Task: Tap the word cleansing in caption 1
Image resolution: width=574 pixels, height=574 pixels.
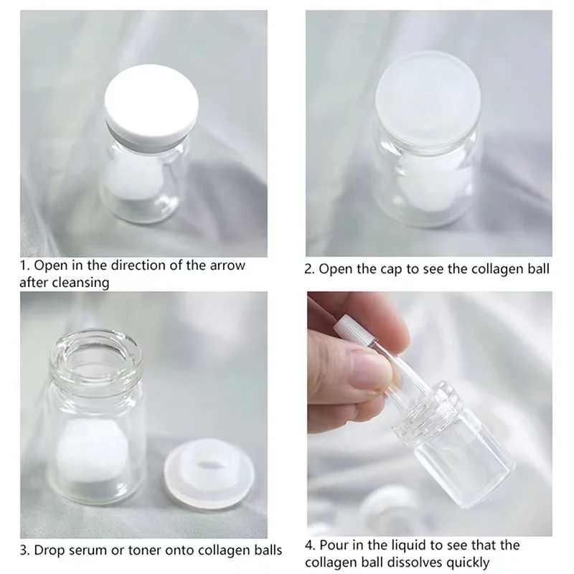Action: coord(82,283)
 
